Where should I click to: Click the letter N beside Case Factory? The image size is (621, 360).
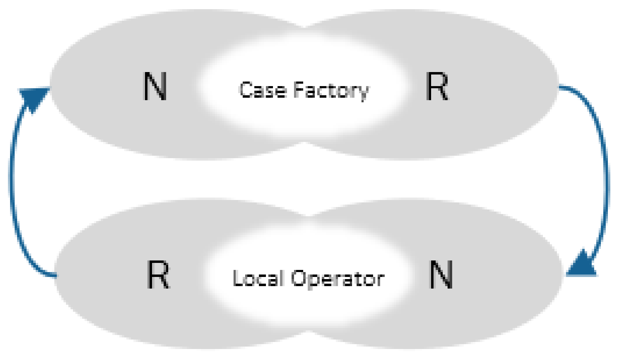point(155,86)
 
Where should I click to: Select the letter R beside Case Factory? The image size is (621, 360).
point(437,86)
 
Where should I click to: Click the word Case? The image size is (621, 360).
point(263,90)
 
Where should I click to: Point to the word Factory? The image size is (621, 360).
point(331,91)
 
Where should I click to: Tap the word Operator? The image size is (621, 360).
point(337,279)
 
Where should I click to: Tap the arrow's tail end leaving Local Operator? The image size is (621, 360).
point(55,276)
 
